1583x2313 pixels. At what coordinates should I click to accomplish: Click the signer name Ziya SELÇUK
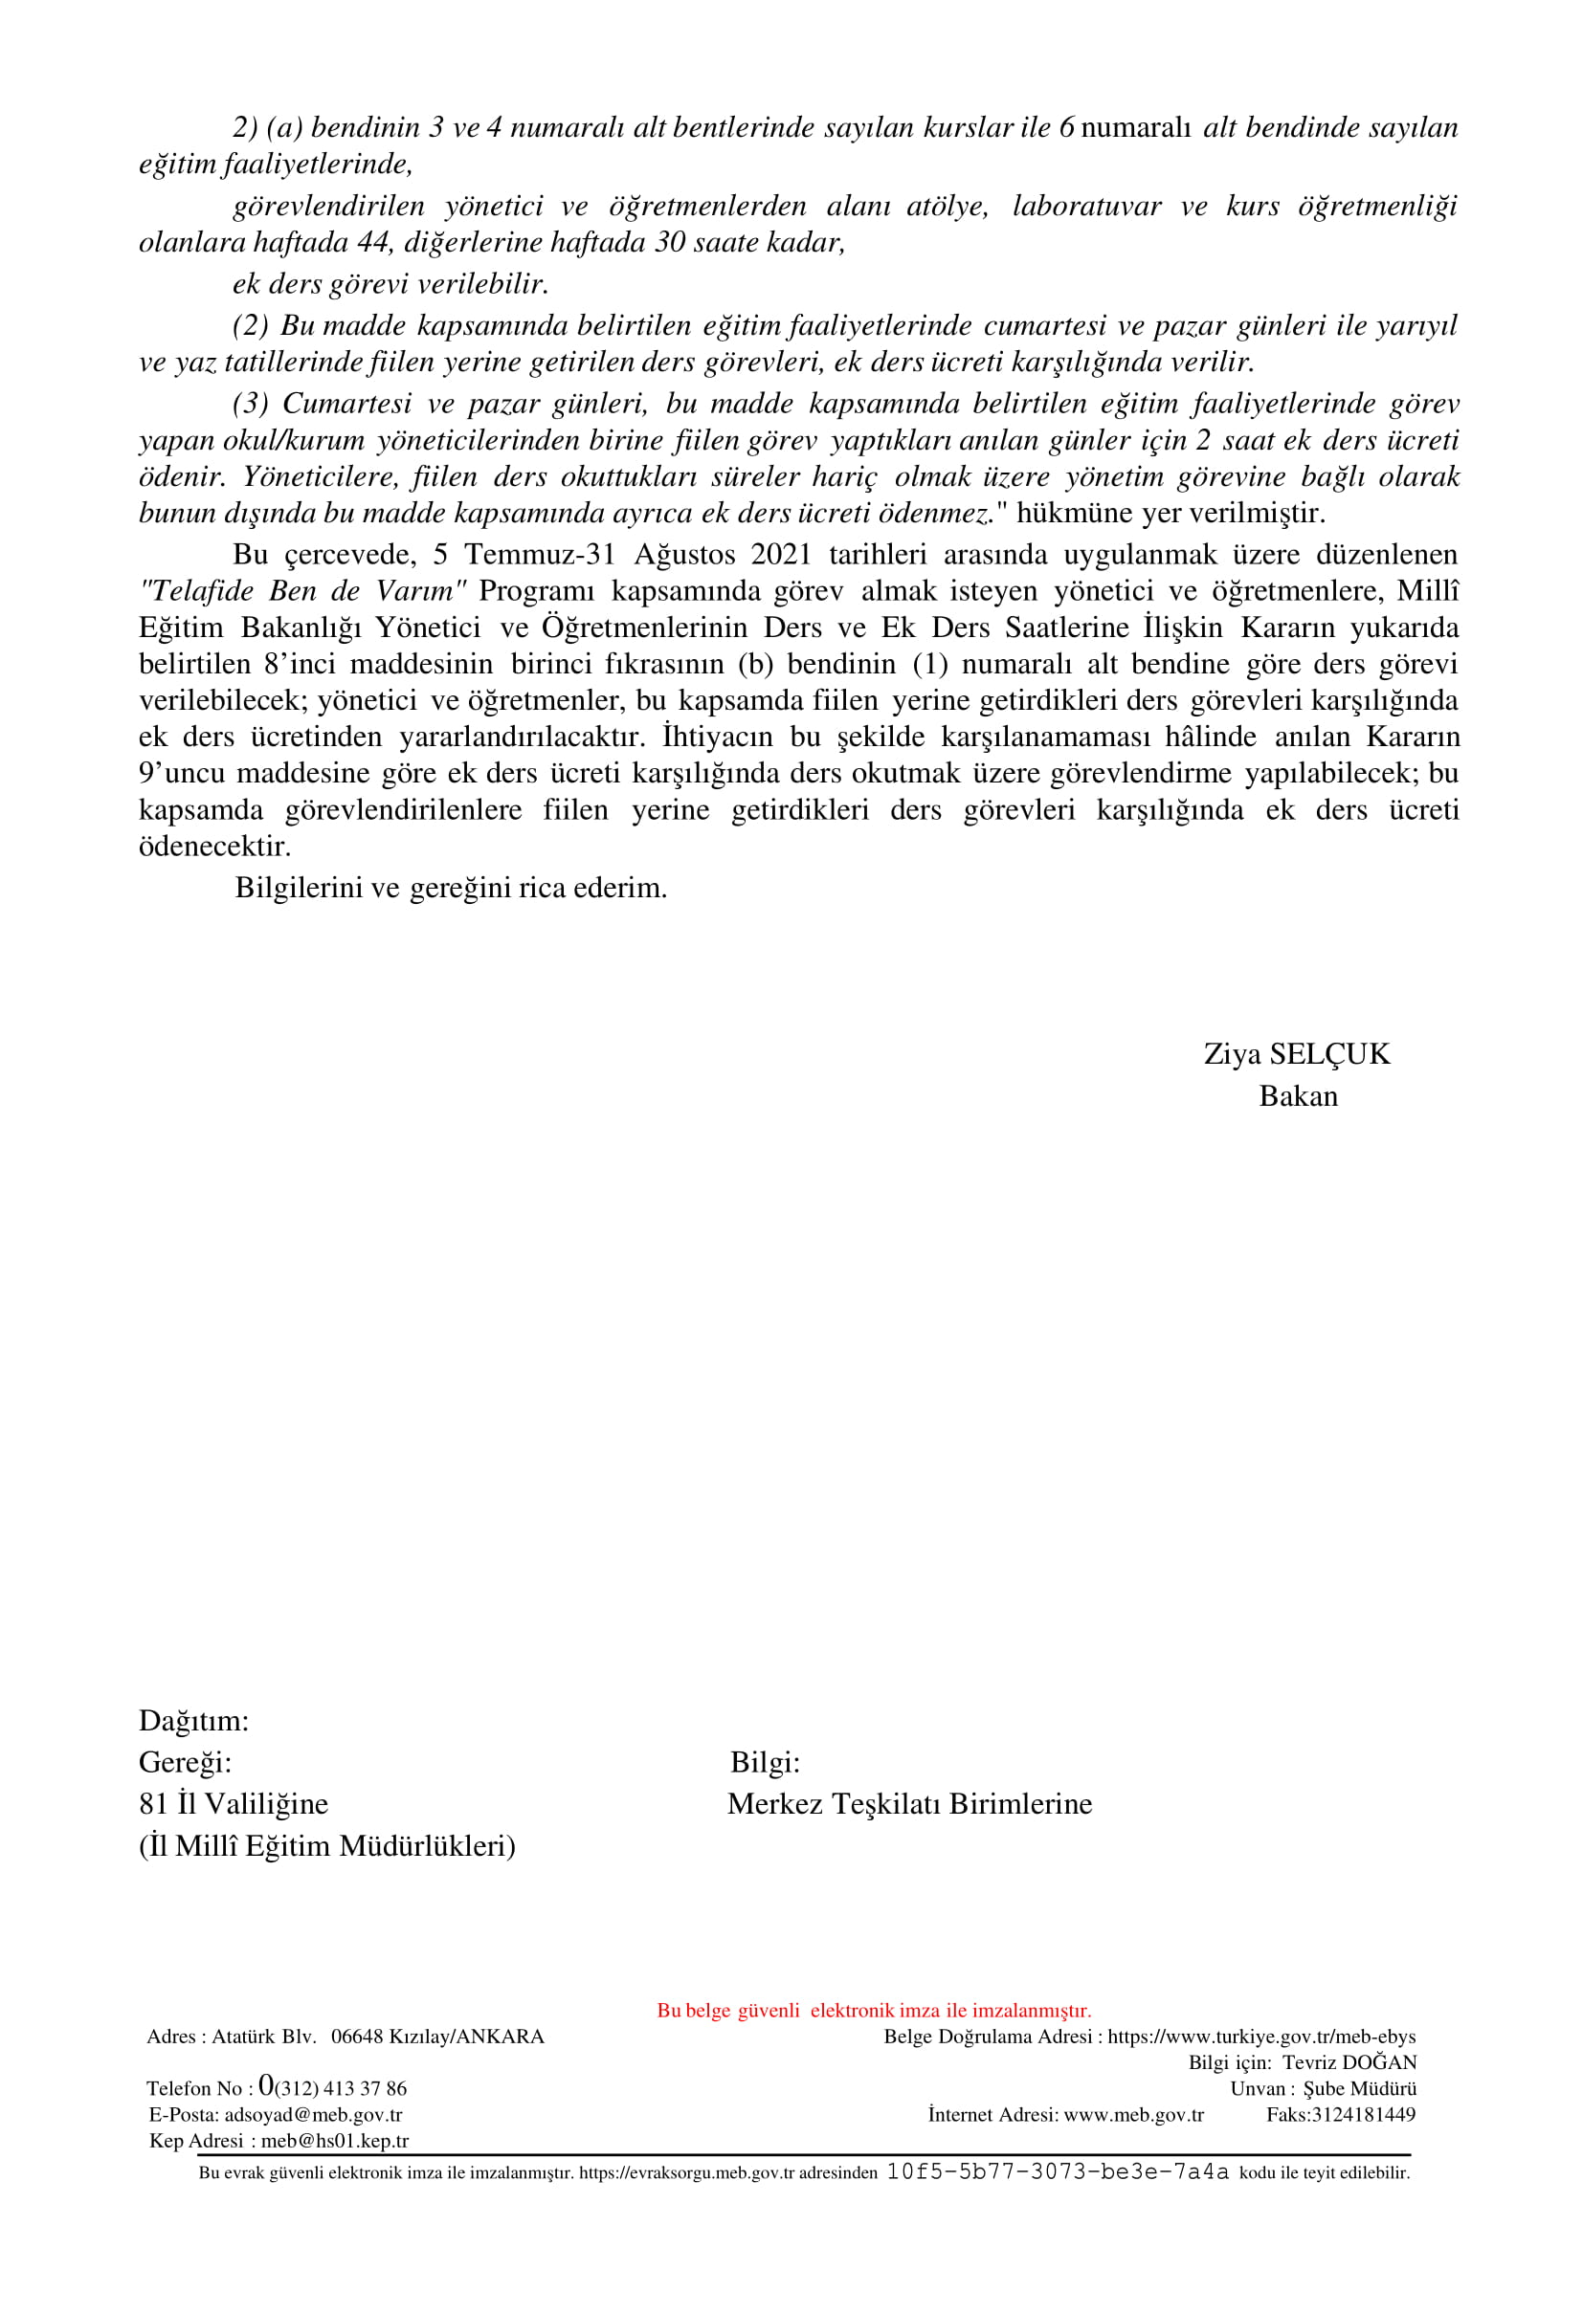[1295, 1054]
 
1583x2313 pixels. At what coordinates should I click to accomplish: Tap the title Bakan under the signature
[1297, 1096]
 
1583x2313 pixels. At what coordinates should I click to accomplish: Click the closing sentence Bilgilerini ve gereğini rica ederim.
[450, 888]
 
